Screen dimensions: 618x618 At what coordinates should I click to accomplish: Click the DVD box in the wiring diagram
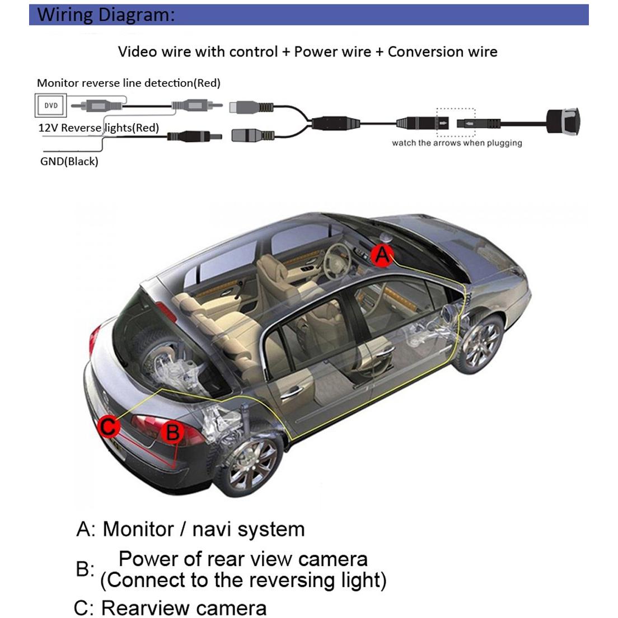51,105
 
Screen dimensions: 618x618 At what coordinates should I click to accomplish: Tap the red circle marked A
382,255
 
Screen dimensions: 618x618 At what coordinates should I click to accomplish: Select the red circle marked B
172,432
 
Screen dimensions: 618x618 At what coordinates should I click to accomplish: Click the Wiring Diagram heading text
106,15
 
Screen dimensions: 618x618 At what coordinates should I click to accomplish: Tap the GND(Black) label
69,161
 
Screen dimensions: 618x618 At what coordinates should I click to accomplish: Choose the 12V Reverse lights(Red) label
99,128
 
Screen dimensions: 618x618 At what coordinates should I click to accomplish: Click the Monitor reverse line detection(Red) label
129,83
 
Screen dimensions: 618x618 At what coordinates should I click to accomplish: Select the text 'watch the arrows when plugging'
457,143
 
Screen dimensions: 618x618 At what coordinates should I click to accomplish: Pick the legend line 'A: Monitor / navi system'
190,529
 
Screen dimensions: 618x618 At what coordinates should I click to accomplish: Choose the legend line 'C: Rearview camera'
170,607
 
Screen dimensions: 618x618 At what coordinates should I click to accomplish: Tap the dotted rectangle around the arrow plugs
456,122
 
